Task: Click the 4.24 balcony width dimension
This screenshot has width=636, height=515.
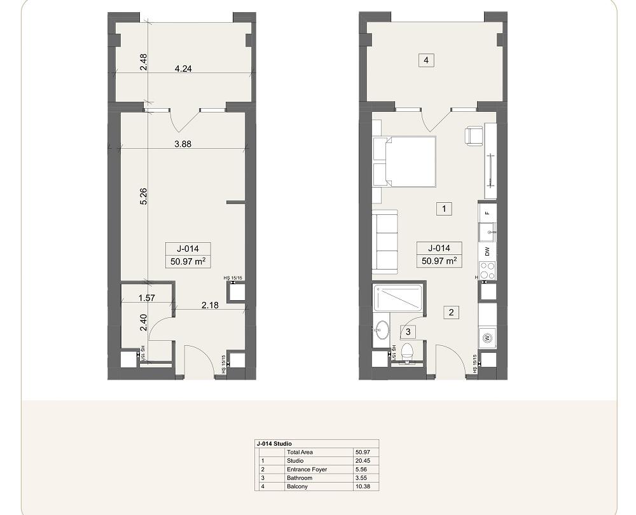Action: point(183,69)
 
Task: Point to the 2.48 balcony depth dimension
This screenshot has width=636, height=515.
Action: point(143,61)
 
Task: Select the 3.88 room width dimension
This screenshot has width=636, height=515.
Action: point(183,144)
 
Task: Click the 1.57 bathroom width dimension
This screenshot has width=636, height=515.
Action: point(147,298)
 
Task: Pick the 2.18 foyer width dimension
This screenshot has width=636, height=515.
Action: point(210,306)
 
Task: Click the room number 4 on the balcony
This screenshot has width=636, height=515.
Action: point(426,60)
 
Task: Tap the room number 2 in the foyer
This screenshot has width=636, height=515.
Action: point(451,312)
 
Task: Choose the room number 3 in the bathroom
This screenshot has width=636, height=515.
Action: point(408,331)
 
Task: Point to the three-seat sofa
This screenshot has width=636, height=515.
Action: point(385,242)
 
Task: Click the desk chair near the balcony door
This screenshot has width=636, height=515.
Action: point(474,135)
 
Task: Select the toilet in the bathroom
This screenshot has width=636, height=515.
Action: point(408,351)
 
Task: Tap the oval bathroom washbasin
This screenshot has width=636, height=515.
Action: point(382,331)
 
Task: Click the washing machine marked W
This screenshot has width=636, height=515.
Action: point(488,337)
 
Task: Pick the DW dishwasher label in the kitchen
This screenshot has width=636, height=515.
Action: point(488,251)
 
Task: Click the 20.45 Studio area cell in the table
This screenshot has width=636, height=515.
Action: point(363,460)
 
